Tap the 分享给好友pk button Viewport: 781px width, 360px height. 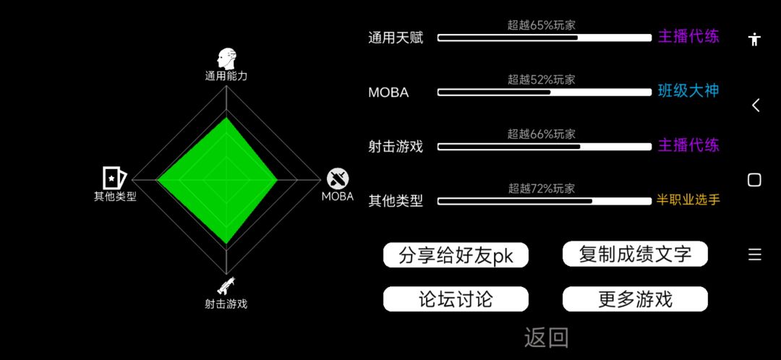[x=456, y=255]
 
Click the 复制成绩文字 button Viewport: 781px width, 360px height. [x=635, y=254]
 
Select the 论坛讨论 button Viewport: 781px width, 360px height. [x=456, y=299]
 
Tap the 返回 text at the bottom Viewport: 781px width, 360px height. [x=546, y=337]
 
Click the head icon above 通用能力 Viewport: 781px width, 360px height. [x=226, y=59]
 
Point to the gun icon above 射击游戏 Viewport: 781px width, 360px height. [x=226, y=286]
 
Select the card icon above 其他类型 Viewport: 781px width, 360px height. [x=114, y=177]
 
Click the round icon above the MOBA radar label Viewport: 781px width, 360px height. [x=338, y=179]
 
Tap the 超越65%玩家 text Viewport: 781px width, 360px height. [x=542, y=25]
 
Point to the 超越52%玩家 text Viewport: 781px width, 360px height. [x=542, y=80]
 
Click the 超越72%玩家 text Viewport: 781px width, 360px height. [x=542, y=188]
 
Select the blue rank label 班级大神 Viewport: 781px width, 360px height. [x=688, y=91]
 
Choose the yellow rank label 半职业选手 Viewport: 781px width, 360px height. [x=688, y=200]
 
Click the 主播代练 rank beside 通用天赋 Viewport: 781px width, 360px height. [x=688, y=37]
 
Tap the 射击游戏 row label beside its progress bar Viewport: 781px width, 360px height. [x=396, y=147]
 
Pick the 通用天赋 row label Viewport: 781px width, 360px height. [x=396, y=38]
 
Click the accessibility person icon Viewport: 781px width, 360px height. [x=755, y=39]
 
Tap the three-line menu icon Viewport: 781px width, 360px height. [x=754, y=255]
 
